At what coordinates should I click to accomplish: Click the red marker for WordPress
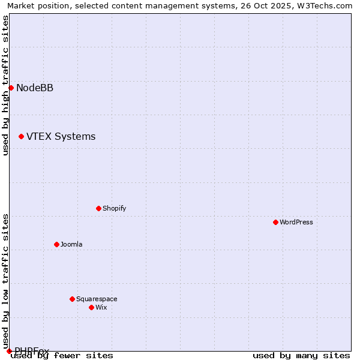pyautogui.click(x=275, y=222)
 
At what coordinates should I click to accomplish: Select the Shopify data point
pyautogui.click(x=98, y=208)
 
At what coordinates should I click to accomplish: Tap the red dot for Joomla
pyautogui.click(x=56, y=244)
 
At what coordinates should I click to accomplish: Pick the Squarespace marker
pyautogui.click(x=72, y=299)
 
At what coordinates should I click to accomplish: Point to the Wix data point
pyautogui.click(x=91, y=307)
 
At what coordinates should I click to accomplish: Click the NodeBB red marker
pyautogui.click(x=11, y=88)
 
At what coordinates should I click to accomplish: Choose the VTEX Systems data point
pyautogui.click(x=21, y=136)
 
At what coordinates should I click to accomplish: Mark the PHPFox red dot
pyautogui.click(x=9, y=351)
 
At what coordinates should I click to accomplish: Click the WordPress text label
pyautogui.click(x=296, y=222)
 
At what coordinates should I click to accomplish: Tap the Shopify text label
pyautogui.click(x=114, y=208)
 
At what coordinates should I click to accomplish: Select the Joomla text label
pyautogui.click(x=71, y=244)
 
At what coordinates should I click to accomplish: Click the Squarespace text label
pyautogui.click(x=97, y=299)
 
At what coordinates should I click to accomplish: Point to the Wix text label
pyautogui.click(x=101, y=307)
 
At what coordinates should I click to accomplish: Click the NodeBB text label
pyautogui.click(x=35, y=88)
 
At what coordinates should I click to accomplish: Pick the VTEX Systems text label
pyautogui.click(x=61, y=137)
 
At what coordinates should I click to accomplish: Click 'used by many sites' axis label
pyautogui.click(x=301, y=356)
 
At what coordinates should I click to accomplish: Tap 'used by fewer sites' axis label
pyautogui.click(x=62, y=356)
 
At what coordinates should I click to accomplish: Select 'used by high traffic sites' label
pyautogui.click(x=6, y=85)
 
